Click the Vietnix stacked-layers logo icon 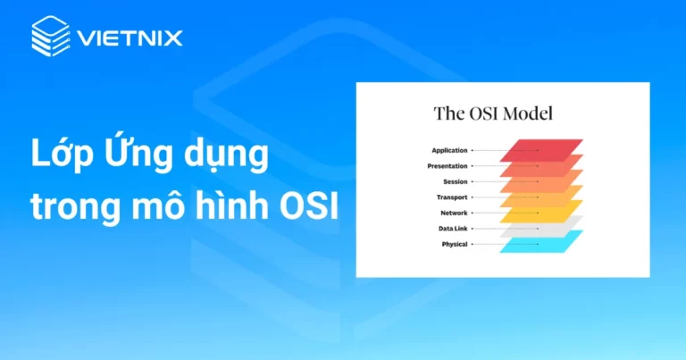click(x=50, y=38)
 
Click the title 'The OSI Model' click(x=493, y=113)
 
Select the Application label click(x=449, y=151)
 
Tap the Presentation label click(x=448, y=166)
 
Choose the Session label click(x=455, y=181)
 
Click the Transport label click(x=452, y=197)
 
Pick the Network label click(x=454, y=213)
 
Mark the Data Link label click(x=452, y=229)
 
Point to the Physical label click(x=455, y=244)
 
